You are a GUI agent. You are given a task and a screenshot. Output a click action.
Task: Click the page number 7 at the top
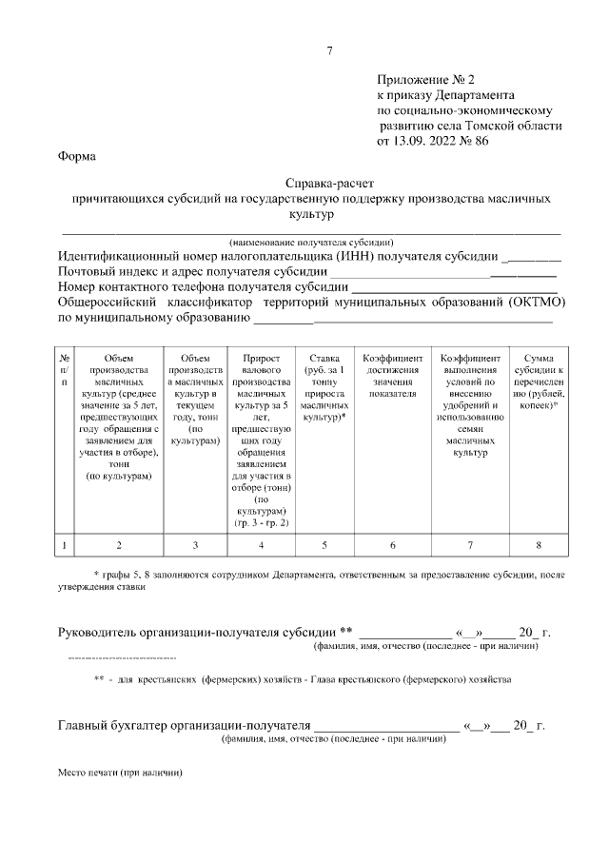(x=329, y=50)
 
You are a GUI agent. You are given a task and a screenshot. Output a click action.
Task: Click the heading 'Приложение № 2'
(x=424, y=80)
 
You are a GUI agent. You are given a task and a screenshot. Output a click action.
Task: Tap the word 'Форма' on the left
(x=76, y=156)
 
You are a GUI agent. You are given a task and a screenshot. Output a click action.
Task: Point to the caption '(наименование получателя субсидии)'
(x=311, y=242)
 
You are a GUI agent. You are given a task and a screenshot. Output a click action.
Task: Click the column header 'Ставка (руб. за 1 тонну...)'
(x=324, y=387)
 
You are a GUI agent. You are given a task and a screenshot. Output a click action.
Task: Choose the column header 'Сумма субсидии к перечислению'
(x=539, y=381)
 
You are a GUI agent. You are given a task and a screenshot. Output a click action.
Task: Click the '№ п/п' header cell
(x=64, y=367)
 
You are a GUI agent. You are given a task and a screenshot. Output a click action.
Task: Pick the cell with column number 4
(x=261, y=545)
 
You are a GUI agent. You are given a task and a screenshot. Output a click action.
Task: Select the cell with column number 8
(x=539, y=545)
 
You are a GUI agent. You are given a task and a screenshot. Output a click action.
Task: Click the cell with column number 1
(x=64, y=545)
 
